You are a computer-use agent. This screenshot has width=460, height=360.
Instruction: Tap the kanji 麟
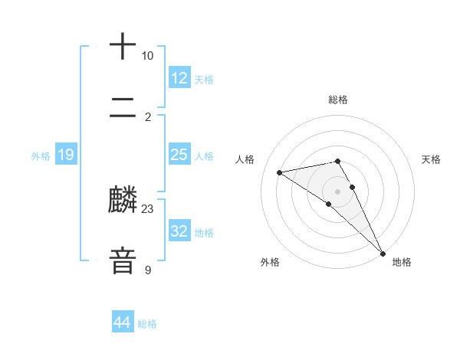coord(123,201)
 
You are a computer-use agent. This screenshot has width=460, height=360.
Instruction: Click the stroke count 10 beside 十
coord(147,56)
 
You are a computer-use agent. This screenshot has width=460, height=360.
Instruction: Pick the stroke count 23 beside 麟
coord(148,208)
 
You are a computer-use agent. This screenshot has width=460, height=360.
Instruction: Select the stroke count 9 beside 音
coord(148,270)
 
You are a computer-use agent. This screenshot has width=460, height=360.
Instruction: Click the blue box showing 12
coord(179,78)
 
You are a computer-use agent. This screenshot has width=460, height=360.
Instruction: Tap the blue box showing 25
coord(179,155)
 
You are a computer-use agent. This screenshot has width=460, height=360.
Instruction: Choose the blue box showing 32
coord(179,231)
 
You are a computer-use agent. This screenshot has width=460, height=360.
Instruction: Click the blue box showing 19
coord(66,155)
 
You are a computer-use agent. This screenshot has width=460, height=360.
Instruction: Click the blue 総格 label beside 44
coord(148,324)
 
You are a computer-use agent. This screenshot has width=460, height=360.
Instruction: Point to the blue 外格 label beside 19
coord(41,156)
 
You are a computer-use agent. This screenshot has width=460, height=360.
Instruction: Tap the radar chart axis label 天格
coord(431,159)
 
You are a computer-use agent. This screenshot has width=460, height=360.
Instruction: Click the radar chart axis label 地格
coord(402,262)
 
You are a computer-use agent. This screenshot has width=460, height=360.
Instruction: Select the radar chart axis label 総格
coord(338,100)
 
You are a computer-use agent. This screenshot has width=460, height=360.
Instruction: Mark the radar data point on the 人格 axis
coord(279,172)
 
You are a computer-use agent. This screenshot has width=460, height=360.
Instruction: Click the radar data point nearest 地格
coord(382,253)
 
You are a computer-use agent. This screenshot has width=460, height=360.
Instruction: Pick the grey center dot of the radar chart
coord(338,191)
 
